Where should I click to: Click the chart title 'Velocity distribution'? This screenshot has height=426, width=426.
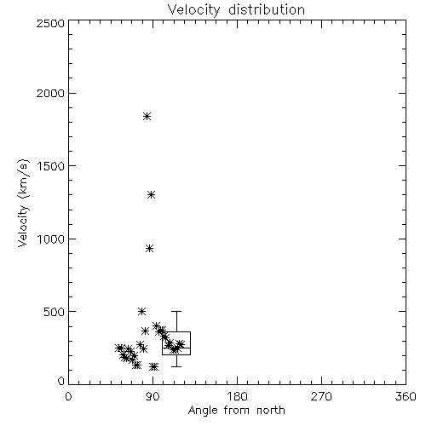[x=236, y=10]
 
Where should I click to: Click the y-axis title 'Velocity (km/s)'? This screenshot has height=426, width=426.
[x=23, y=203]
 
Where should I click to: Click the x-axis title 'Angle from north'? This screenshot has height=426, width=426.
[x=236, y=411]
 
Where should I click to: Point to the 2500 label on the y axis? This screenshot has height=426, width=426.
[x=51, y=23]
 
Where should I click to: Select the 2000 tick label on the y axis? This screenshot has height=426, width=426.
[x=51, y=94]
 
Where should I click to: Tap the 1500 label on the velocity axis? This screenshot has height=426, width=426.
[x=51, y=166]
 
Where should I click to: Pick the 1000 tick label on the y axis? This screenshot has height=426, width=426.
[x=51, y=239]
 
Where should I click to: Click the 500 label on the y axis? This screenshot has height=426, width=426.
[x=55, y=312]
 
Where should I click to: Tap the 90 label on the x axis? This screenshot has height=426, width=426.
[x=153, y=396]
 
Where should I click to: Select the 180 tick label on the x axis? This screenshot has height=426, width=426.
[x=237, y=396]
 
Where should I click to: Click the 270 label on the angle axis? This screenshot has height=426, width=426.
[x=321, y=396]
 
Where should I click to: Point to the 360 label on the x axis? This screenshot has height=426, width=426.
[x=406, y=396]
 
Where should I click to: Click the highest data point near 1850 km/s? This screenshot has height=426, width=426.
[x=147, y=116]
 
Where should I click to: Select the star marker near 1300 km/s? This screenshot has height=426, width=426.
[x=152, y=195]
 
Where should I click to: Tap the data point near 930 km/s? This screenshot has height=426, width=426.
[x=150, y=249]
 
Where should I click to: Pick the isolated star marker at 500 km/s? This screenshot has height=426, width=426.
[x=142, y=312]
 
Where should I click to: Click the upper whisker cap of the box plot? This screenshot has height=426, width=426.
[x=176, y=312]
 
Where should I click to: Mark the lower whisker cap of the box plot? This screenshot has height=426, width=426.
[x=176, y=366]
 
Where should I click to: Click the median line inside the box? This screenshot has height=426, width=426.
[x=176, y=348]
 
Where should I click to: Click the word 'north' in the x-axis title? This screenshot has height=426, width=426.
[x=271, y=411]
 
